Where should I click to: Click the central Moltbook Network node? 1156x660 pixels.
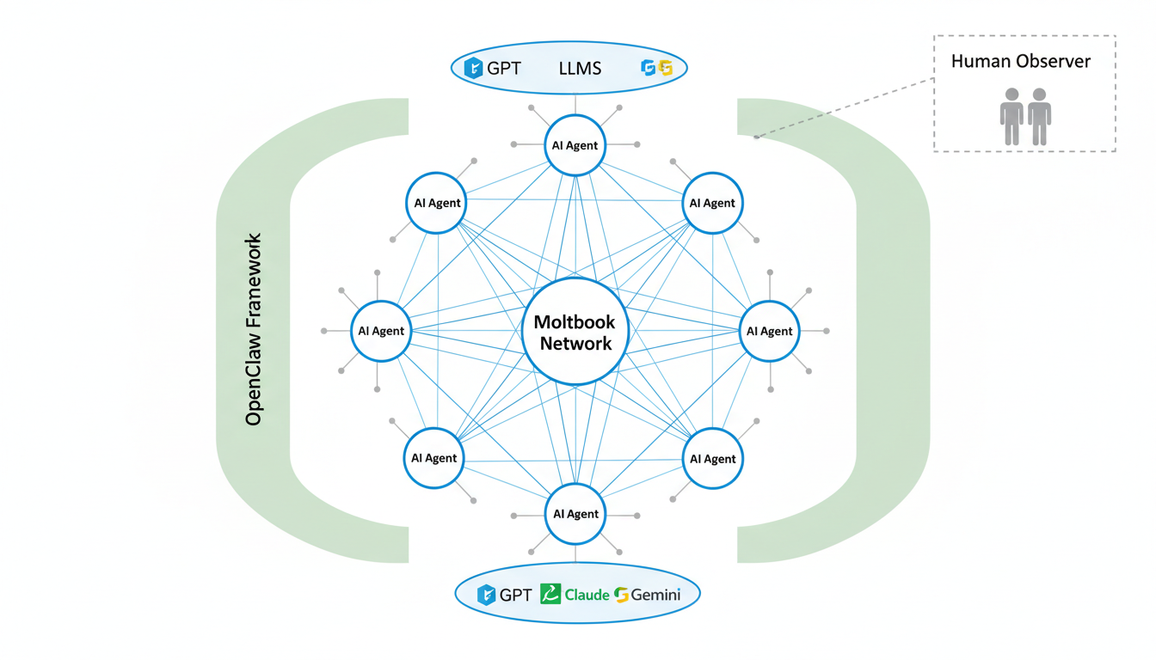point(575,332)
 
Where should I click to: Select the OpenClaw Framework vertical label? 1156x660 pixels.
point(253,329)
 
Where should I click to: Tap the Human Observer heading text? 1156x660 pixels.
point(1020,62)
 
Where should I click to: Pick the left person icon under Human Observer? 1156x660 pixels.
point(1012,116)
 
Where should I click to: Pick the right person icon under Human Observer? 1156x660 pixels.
point(1040,116)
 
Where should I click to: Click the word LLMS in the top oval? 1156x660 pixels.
point(580,68)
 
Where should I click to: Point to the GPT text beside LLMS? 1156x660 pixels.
point(504,68)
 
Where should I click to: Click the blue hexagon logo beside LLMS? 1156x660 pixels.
point(473,68)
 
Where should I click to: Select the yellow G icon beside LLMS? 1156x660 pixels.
point(665,68)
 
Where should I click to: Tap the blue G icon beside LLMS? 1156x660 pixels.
point(649,68)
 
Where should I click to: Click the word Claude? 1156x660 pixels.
point(587,594)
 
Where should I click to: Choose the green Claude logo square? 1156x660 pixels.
point(550,594)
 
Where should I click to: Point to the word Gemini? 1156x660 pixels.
point(655,594)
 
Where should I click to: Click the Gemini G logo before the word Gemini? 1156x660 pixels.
point(622,594)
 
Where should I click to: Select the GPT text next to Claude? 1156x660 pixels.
point(516,594)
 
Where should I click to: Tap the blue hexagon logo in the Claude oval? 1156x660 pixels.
point(487,594)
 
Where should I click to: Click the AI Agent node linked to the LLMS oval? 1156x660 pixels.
point(575,145)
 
